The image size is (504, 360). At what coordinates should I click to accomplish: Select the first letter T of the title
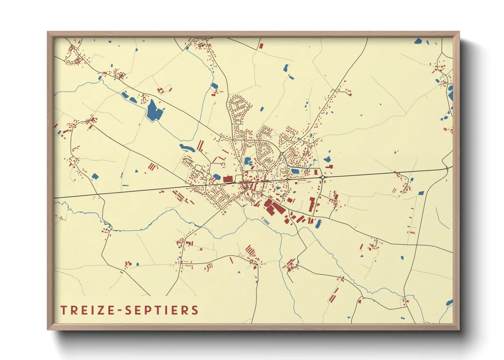(x=64, y=310)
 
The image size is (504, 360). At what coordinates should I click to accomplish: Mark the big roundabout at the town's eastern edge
(x=322, y=177)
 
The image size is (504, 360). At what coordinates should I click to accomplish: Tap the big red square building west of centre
(x=227, y=179)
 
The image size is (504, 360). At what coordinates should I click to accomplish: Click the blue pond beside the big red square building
(x=217, y=177)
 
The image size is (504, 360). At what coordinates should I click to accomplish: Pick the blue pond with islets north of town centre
(x=248, y=161)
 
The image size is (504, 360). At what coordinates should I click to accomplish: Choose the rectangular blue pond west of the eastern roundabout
(x=295, y=171)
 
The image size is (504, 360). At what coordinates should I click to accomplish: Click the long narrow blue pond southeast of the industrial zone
(x=318, y=224)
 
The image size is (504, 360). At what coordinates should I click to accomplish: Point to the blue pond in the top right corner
(x=418, y=42)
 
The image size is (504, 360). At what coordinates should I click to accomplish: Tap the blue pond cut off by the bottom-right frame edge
(x=450, y=302)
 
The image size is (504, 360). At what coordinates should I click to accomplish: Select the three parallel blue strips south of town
(x=266, y=222)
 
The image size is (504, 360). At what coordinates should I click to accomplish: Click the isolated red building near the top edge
(x=261, y=46)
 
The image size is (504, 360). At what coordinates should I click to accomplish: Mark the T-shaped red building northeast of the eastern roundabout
(x=329, y=167)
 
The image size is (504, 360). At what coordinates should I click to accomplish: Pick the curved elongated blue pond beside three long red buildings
(x=187, y=148)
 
